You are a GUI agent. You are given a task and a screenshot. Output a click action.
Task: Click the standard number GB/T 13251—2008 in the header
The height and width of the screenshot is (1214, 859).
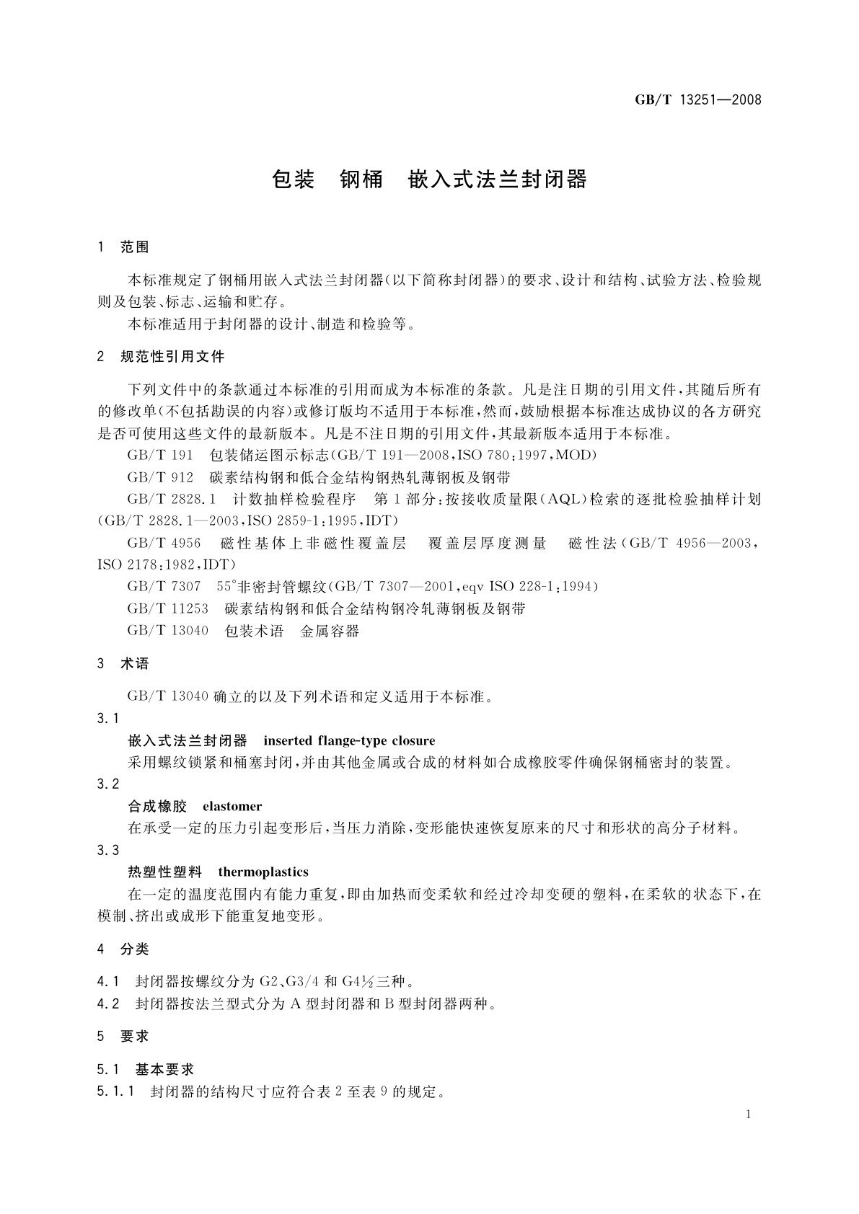[697, 100]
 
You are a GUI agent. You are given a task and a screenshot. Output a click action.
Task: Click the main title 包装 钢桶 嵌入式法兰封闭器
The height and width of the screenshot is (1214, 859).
[430, 180]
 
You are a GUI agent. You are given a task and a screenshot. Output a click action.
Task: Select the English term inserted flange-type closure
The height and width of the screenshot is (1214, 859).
[349, 740]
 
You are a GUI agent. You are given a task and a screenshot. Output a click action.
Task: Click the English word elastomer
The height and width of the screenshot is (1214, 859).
[232, 806]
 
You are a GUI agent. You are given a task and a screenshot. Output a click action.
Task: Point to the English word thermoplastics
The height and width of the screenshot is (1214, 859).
[263, 872]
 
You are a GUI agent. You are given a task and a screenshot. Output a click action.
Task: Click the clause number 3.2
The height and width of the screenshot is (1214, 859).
[107, 784]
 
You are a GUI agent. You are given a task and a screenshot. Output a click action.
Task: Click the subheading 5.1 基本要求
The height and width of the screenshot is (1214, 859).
[145, 1070]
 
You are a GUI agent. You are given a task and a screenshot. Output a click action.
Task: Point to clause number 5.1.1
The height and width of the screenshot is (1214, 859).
[115, 1091]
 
